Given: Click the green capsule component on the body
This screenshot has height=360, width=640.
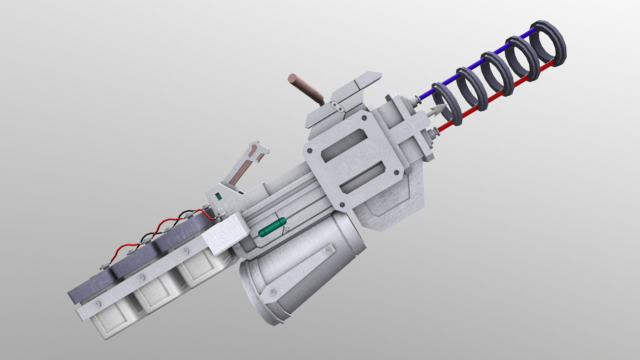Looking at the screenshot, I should tap(270, 231).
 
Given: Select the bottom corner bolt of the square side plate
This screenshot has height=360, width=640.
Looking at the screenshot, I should tap(342, 203).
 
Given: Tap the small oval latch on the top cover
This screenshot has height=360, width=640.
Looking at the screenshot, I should tap(338, 107).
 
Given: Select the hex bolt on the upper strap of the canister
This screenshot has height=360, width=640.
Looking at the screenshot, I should tap(329, 250).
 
